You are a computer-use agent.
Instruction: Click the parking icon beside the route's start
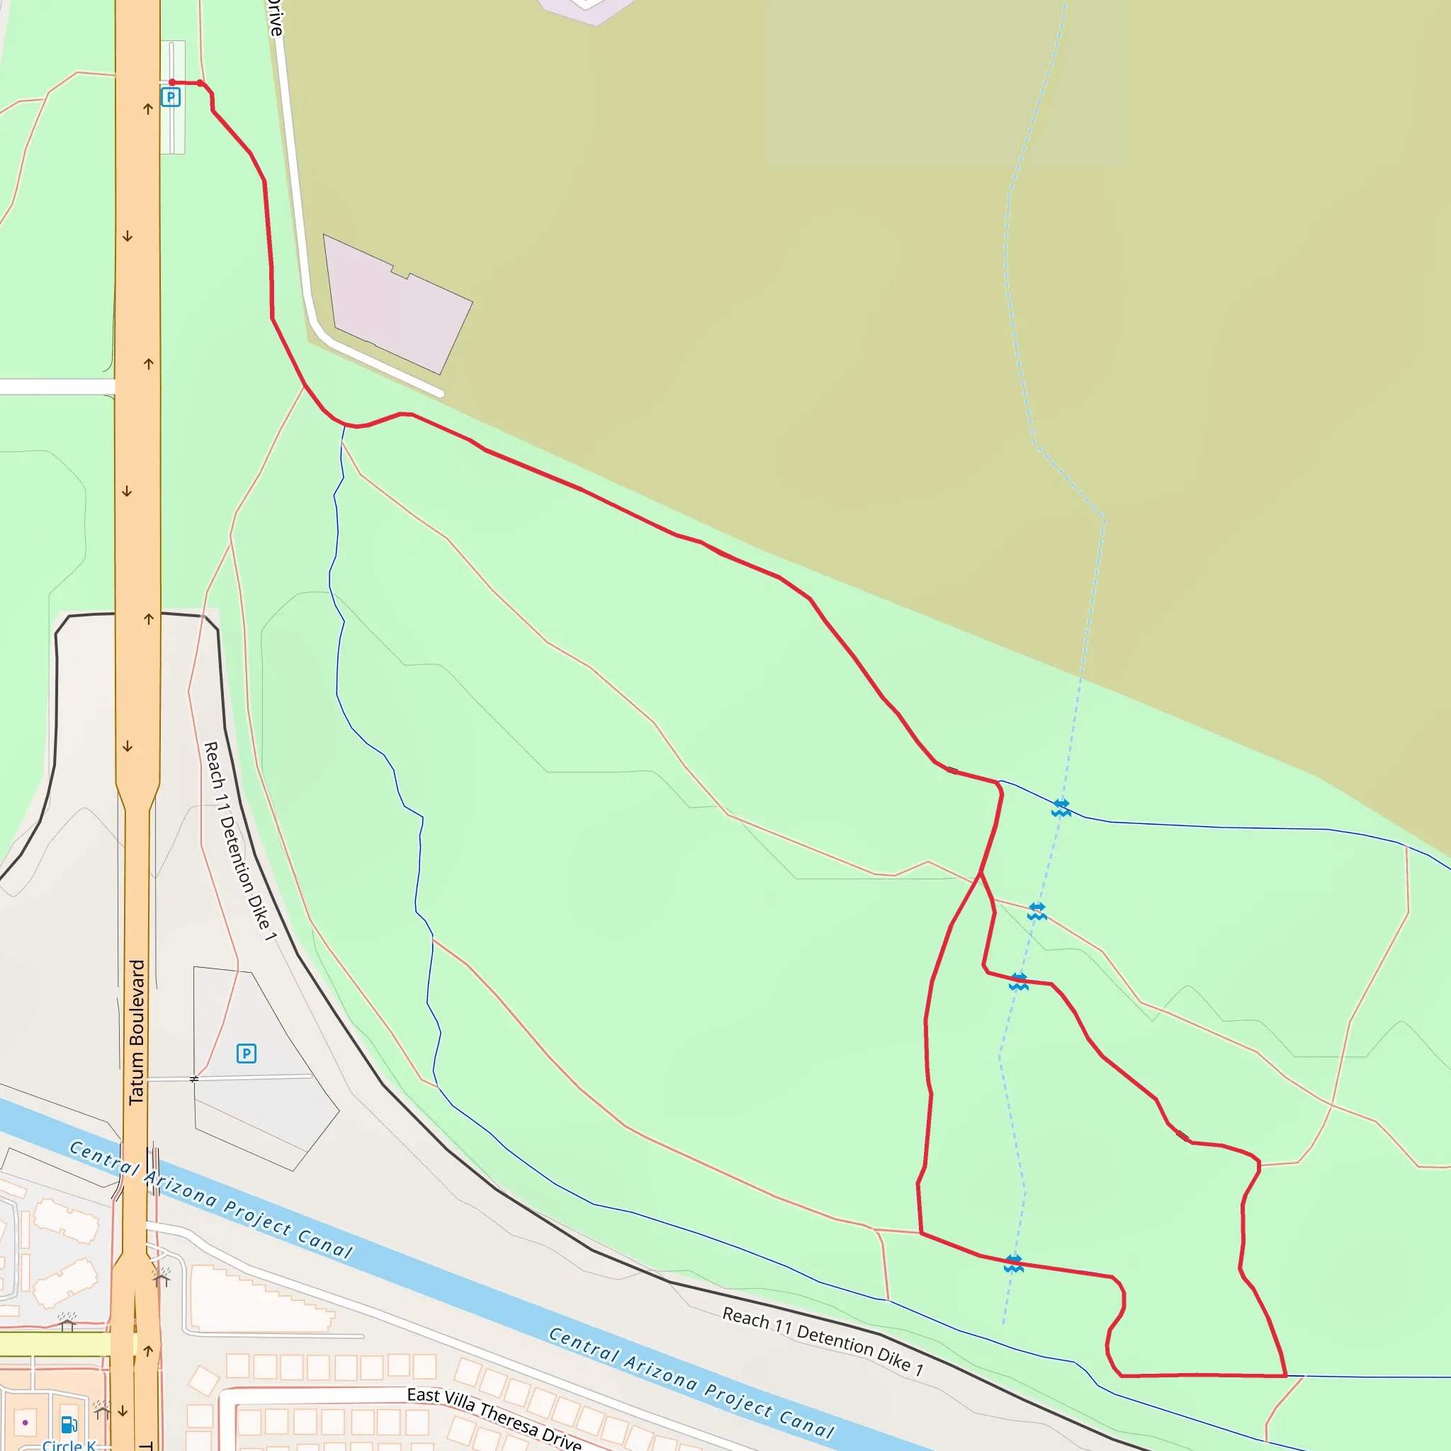tap(171, 97)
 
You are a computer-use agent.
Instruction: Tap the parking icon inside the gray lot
tap(247, 1053)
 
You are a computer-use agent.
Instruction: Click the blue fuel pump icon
tap(69, 1424)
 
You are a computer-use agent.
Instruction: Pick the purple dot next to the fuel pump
tap(26, 1423)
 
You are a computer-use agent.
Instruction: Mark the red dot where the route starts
tap(172, 83)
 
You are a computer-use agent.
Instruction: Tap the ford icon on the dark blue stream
tap(1061, 808)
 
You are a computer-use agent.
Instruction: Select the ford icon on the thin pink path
tap(1037, 911)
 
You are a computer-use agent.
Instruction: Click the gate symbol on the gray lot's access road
tap(193, 1078)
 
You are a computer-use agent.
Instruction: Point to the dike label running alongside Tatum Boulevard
tap(239, 841)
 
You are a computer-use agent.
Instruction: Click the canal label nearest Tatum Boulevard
tap(210, 1199)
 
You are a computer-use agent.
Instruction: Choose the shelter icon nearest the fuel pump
tap(102, 1411)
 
